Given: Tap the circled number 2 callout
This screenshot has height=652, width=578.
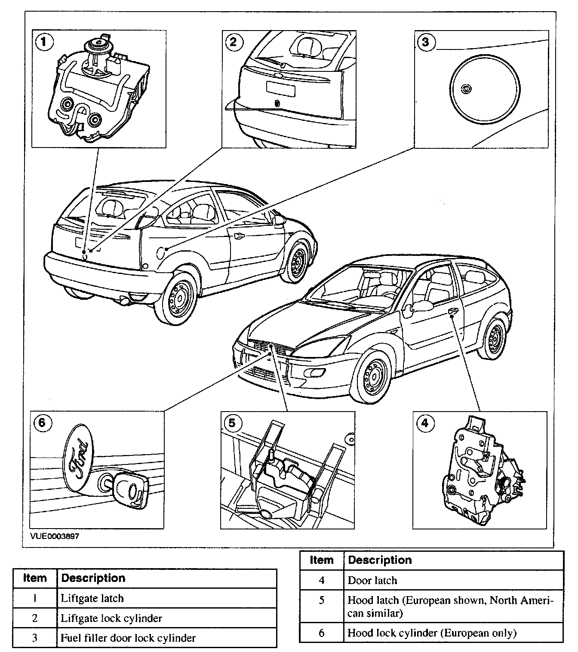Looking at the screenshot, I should pyautogui.click(x=233, y=42).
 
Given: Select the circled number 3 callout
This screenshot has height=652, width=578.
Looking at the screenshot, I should pyautogui.click(x=425, y=42).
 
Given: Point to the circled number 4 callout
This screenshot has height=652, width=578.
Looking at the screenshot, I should pyautogui.click(x=424, y=423).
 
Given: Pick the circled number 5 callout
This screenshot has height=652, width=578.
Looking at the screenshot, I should pyautogui.click(x=232, y=423).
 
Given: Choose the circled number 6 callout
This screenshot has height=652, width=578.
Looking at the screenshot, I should pyautogui.click(x=42, y=422).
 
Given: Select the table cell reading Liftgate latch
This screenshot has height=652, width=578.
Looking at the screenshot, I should pyautogui.click(x=92, y=598).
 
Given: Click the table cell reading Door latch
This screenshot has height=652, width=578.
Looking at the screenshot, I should pyautogui.click(x=372, y=580).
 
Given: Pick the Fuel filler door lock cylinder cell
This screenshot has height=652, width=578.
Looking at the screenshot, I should pyautogui.click(x=128, y=638).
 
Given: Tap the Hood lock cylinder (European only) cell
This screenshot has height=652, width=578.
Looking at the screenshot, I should pyautogui.click(x=432, y=633).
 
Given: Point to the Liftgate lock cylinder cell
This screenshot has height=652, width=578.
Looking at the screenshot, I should pyautogui.click(x=111, y=618).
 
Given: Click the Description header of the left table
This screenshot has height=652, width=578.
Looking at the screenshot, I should pyautogui.click(x=93, y=578).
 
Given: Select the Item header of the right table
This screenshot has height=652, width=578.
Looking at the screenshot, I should pyautogui.click(x=322, y=560).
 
